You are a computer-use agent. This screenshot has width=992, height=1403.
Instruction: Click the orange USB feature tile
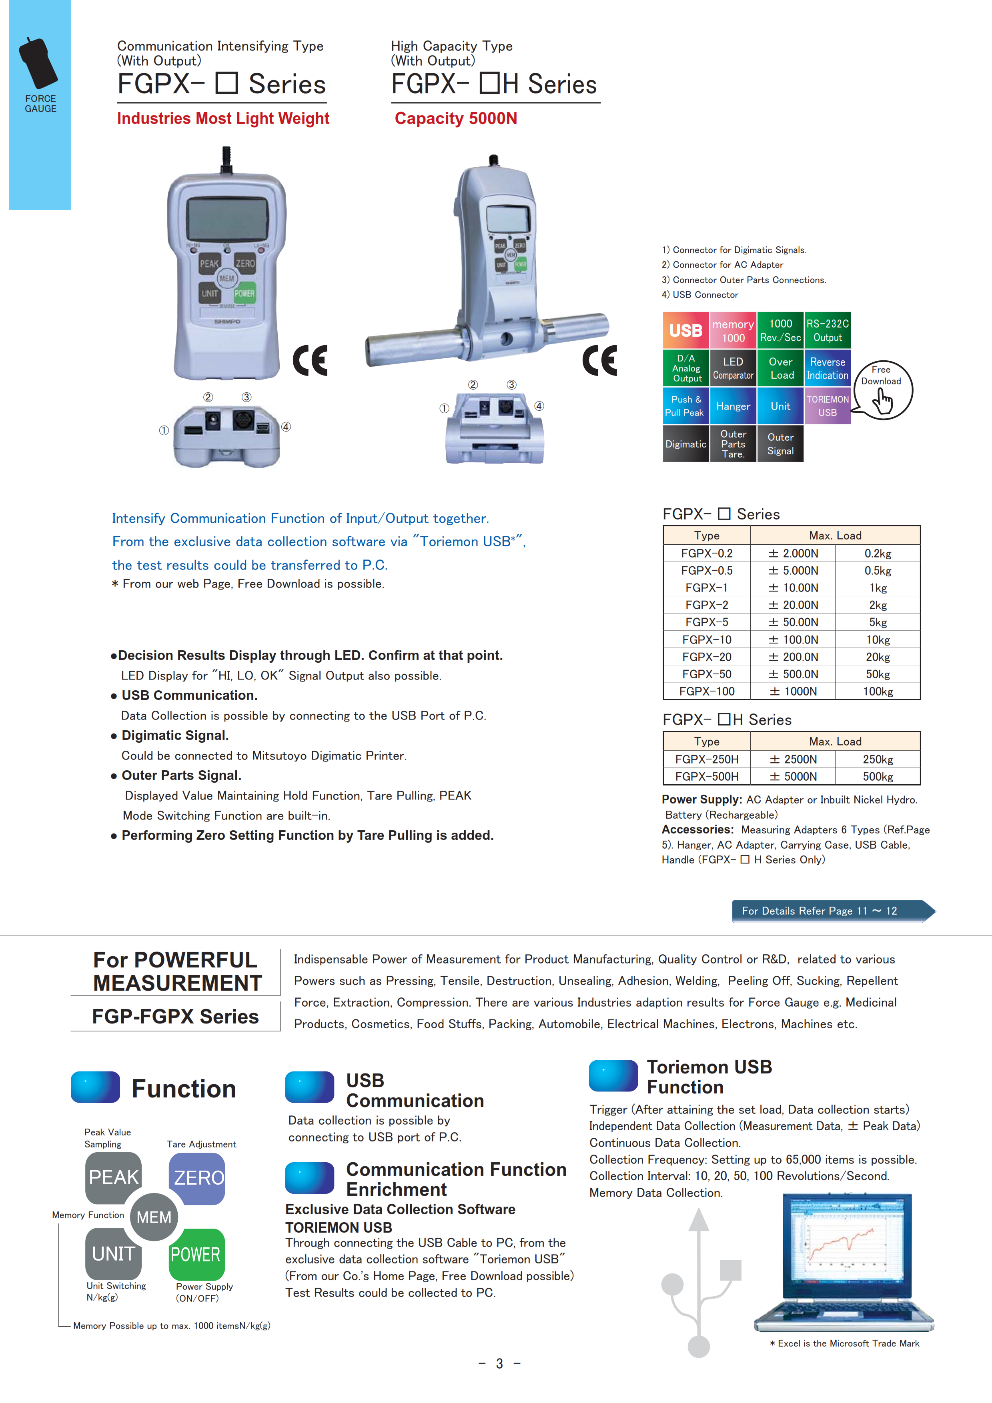[x=686, y=331]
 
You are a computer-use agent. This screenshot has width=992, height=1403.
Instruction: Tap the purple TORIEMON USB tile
[x=828, y=406]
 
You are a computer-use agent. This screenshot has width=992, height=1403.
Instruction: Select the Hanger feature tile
[x=733, y=406]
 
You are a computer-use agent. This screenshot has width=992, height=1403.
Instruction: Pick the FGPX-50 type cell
[x=707, y=674]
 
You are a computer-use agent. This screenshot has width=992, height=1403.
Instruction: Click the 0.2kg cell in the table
[x=878, y=554]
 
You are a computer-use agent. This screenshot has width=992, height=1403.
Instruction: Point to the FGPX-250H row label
[x=707, y=759]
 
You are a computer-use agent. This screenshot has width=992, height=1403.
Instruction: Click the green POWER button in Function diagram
[x=196, y=1254]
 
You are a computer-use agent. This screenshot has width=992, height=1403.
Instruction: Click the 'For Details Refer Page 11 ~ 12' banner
[x=831, y=911]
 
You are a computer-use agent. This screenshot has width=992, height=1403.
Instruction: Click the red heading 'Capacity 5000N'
[x=456, y=118]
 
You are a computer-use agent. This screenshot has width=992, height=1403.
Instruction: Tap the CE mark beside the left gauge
[x=310, y=360]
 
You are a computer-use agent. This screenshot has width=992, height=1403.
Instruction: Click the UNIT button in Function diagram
[x=114, y=1254]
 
